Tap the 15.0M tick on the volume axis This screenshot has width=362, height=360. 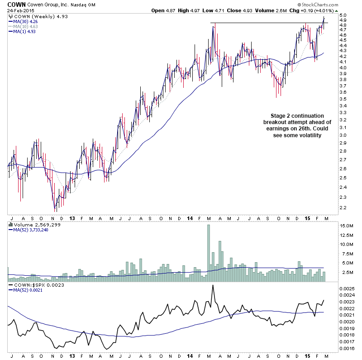tap(348, 226)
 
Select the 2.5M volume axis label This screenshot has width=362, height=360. tap(347, 273)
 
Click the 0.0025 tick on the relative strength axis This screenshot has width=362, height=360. tap(348, 288)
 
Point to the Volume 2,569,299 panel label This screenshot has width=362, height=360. tap(29, 224)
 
